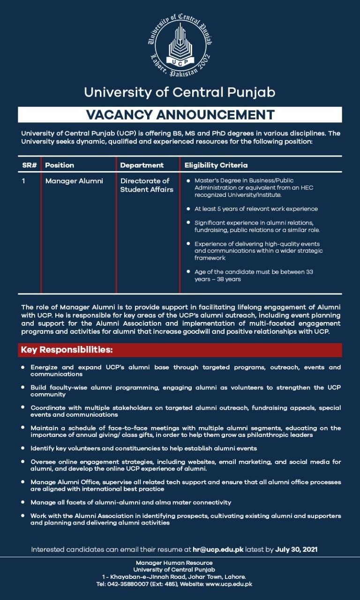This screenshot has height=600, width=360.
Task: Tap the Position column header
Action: [60, 165]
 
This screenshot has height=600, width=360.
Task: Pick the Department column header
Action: [142, 165]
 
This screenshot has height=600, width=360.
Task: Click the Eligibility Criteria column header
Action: [216, 165]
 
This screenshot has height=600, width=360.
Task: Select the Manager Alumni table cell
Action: [74, 180]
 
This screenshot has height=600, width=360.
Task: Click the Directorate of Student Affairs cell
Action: [145, 185]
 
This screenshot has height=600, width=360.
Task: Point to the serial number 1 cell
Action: [24, 180]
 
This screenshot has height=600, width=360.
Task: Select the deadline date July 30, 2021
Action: [297, 549]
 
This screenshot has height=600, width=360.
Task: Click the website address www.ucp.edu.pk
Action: [229, 584]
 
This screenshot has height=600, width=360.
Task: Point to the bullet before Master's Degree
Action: [188, 180]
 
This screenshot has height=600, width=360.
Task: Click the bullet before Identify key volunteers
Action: [23, 449]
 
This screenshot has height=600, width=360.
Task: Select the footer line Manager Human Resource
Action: [174, 562]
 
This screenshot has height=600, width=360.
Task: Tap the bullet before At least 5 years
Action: [188, 209]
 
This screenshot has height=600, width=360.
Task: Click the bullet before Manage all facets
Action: [23, 502]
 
